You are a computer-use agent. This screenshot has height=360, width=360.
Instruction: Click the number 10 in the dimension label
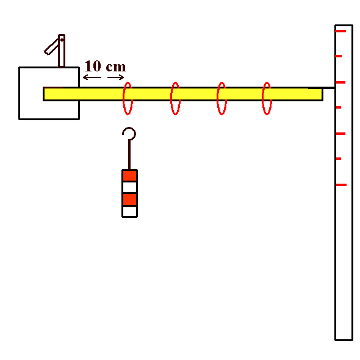(93, 66)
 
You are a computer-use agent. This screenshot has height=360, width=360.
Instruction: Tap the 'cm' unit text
(116, 67)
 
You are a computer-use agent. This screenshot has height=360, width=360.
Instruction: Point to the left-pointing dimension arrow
(92, 77)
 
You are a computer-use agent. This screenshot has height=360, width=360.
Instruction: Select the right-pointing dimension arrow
(116, 77)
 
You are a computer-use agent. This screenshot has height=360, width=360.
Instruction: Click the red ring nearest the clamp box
(123, 98)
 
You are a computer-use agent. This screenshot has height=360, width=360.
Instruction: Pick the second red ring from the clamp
(171, 98)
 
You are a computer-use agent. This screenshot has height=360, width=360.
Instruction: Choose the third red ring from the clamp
(217, 98)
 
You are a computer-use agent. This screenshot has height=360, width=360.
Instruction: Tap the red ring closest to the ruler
(262, 98)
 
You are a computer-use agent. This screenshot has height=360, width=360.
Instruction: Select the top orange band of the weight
(130, 176)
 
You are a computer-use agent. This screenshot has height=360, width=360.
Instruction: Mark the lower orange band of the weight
(130, 200)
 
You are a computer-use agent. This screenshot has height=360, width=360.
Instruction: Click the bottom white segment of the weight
(130, 211)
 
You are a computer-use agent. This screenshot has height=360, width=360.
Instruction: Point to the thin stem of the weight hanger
(129, 154)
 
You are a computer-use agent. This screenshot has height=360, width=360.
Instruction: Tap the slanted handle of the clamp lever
(51, 47)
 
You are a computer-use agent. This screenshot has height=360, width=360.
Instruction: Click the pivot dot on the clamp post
(62, 40)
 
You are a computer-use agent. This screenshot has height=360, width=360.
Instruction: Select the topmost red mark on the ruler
(340, 31)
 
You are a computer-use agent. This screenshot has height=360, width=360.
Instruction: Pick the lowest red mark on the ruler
(341, 185)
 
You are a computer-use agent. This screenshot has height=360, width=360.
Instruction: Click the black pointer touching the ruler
(322, 88)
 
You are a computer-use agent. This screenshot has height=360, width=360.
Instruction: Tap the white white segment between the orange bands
(130, 187)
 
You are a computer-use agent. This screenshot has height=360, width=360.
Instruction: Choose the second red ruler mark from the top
(339, 56)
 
